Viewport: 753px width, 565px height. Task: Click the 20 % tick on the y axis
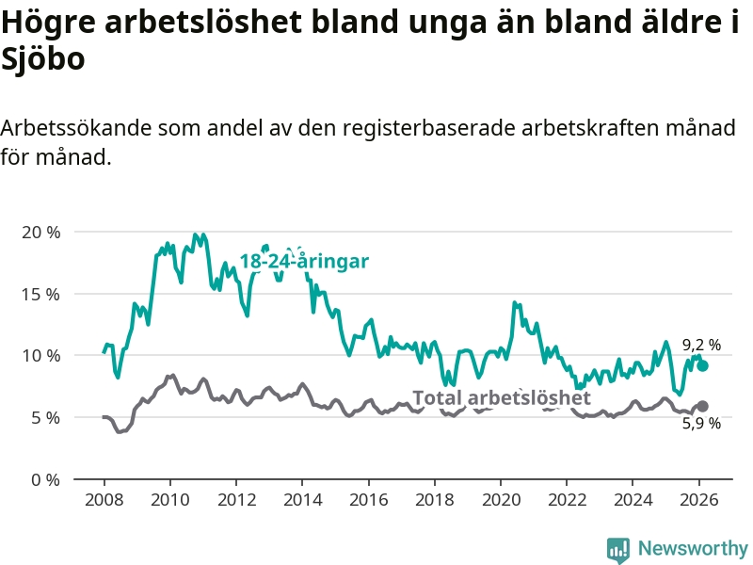click(40, 232)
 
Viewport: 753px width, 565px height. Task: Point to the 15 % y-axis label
click(40, 294)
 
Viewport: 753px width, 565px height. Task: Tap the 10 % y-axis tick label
click(40, 355)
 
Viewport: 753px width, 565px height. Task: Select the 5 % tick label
click(44, 417)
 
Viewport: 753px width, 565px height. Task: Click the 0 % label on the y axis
click(44, 479)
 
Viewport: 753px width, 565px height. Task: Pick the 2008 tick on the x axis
click(104, 499)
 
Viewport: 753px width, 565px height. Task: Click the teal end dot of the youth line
click(702, 365)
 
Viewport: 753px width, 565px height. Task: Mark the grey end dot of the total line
click(702, 406)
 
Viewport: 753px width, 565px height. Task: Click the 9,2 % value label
click(701, 345)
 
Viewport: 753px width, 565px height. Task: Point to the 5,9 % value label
click(701, 424)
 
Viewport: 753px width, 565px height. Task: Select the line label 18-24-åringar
click(303, 262)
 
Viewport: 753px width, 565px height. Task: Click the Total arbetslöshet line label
click(502, 398)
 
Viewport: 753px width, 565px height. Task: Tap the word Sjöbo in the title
click(43, 60)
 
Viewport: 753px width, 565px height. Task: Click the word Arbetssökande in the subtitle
click(77, 128)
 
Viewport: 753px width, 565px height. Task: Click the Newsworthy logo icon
click(618, 548)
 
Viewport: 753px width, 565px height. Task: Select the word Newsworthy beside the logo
click(693, 548)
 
